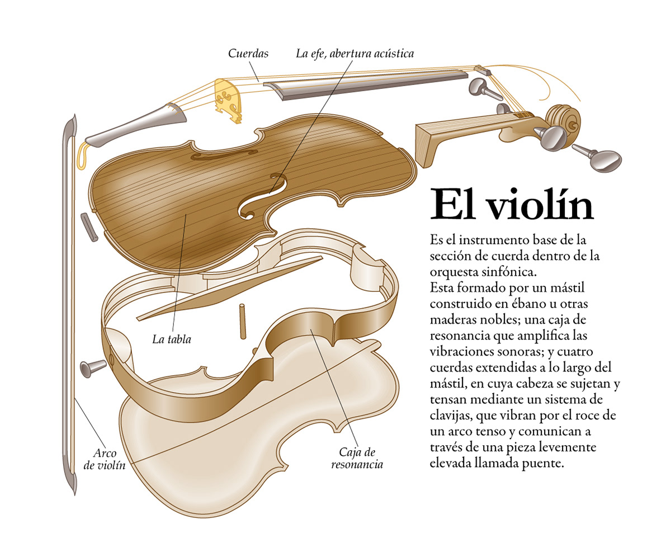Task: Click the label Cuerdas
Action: (x=248, y=54)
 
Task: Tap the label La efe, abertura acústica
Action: (x=355, y=54)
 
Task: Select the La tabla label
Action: (x=172, y=339)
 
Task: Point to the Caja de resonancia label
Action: (x=357, y=458)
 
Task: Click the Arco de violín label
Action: (x=105, y=459)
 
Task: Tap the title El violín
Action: (x=511, y=205)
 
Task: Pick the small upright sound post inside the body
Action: (x=242, y=321)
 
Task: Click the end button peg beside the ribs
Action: (x=92, y=367)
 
